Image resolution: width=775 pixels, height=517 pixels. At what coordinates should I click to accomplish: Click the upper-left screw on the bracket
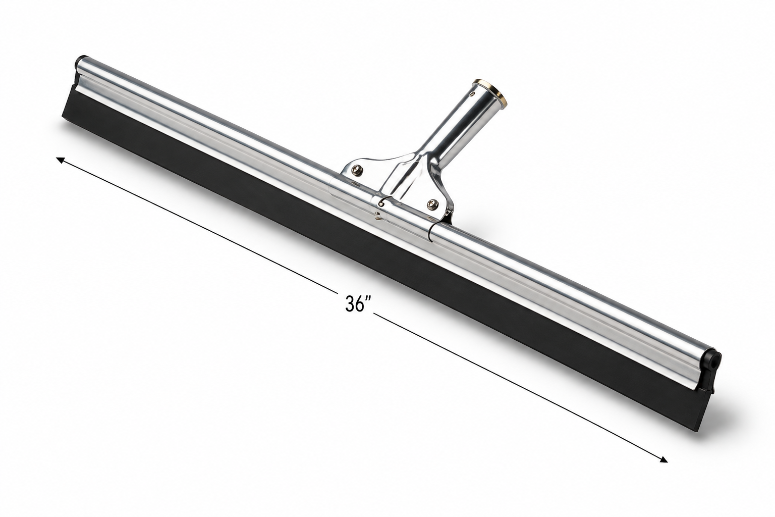[x=357, y=170]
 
